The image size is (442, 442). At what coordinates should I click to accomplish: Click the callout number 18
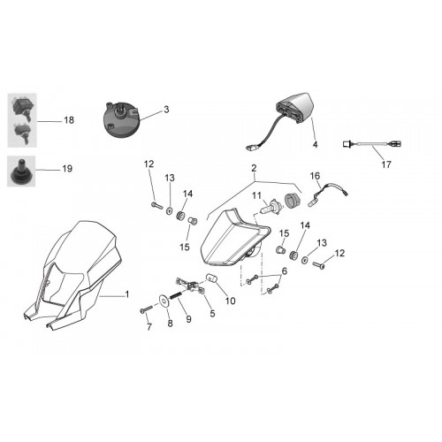click(69, 120)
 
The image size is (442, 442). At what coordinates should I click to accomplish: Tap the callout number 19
click(67, 169)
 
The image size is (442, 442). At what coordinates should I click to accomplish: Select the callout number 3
click(166, 110)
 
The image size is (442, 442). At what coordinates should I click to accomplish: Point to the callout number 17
click(386, 164)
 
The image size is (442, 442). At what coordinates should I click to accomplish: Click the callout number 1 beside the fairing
click(127, 294)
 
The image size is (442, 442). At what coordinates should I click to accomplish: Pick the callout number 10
click(231, 301)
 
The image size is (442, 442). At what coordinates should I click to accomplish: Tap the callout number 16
click(315, 176)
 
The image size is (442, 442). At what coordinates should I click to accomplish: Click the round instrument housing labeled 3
click(121, 120)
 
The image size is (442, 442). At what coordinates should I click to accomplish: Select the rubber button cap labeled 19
click(20, 171)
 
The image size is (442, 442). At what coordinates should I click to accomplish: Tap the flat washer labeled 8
click(163, 300)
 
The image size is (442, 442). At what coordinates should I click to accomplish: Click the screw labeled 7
click(147, 309)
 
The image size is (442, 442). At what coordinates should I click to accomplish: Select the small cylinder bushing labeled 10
click(211, 278)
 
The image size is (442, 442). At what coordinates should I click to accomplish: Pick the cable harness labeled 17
click(372, 144)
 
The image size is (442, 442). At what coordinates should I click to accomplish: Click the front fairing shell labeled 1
click(72, 274)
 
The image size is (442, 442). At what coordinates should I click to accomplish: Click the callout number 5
click(212, 314)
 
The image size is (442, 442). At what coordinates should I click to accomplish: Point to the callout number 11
click(256, 195)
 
